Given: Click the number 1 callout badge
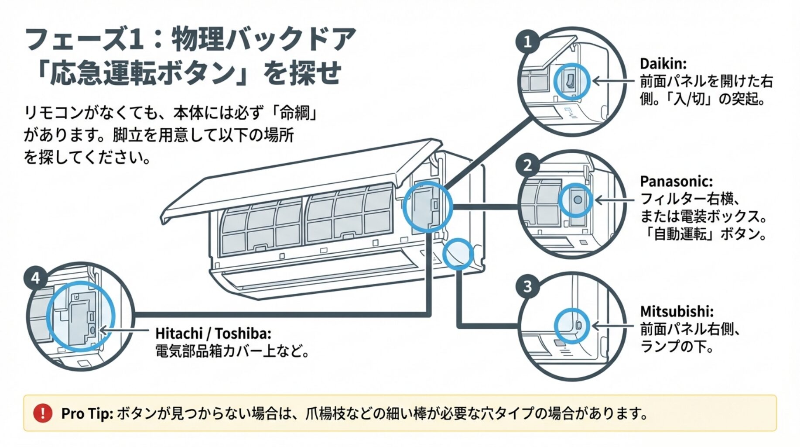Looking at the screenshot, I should [x=527, y=42].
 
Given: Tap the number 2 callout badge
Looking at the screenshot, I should [x=527, y=165].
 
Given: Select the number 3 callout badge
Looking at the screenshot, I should [x=527, y=286].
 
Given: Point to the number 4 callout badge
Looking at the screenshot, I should [x=35, y=278].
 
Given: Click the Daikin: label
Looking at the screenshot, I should [x=663, y=64].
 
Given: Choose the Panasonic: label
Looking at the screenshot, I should [x=676, y=181].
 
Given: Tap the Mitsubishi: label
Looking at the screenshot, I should [x=677, y=311].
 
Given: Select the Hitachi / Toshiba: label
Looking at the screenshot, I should [x=213, y=334].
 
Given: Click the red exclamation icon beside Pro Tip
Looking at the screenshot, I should [x=43, y=413].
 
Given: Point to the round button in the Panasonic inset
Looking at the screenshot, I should [x=578, y=199].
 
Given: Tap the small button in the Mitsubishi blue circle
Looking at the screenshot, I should [x=578, y=325].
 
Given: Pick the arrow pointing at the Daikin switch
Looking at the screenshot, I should [x=613, y=81].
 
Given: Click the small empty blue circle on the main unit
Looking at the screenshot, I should [x=458, y=254].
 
